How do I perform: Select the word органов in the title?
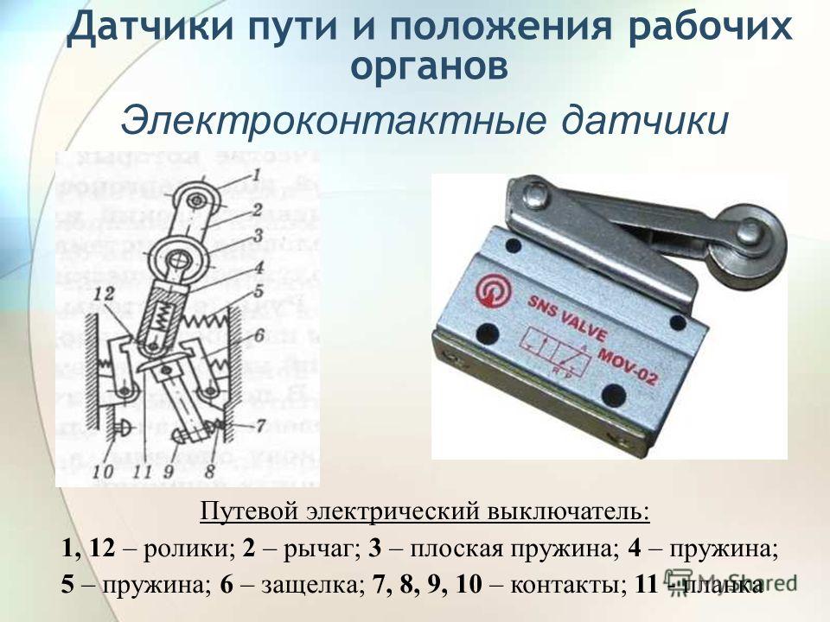(430, 64)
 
